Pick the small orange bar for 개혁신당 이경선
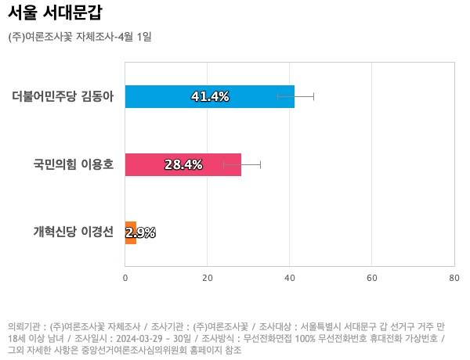(x=130, y=232)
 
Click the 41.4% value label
(x=210, y=97)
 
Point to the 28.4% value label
(x=183, y=165)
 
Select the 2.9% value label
(x=141, y=232)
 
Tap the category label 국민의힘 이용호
(x=74, y=165)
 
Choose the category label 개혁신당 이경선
(x=74, y=232)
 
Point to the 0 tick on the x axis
(x=125, y=278)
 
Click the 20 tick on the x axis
(x=208, y=278)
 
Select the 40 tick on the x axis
(x=290, y=278)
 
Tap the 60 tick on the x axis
(x=372, y=278)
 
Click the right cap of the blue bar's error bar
(x=313, y=96)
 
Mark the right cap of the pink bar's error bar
(x=260, y=164)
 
